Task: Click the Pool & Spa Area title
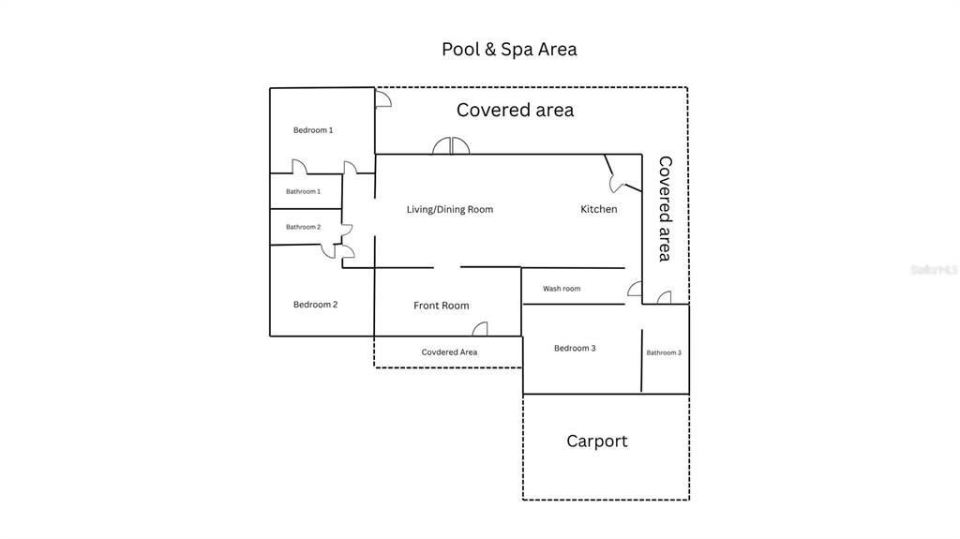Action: pyautogui.click(x=509, y=49)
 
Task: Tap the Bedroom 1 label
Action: pyautogui.click(x=312, y=130)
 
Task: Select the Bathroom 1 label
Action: pyautogui.click(x=303, y=191)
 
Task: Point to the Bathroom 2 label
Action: pyautogui.click(x=303, y=227)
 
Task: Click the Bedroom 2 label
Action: pyautogui.click(x=315, y=305)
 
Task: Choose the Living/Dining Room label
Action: pyautogui.click(x=449, y=209)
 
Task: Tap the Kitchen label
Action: pyautogui.click(x=598, y=209)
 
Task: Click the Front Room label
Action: pyautogui.click(x=441, y=306)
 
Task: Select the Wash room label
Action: pyautogui.click(x=562, y=289)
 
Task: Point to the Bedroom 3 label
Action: pyautogui.click(x=575, y=349)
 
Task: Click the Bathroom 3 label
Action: pyautogui.click(x=664, y=352)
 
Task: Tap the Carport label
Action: pyautogui.click(x=596, y=441)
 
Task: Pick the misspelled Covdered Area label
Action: pyautogui.click(x=449, y=352)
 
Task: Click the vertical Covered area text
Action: pyautogui.click(x=665, y=208)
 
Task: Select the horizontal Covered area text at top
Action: pyautogui.click(x=515, y=110)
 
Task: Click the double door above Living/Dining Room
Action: pyautogui.click(x=450, y=146)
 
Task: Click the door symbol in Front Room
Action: pyautogui.click(x=480, y=329)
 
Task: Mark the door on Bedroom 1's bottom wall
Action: pyautogui.click(x=299, y=167)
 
